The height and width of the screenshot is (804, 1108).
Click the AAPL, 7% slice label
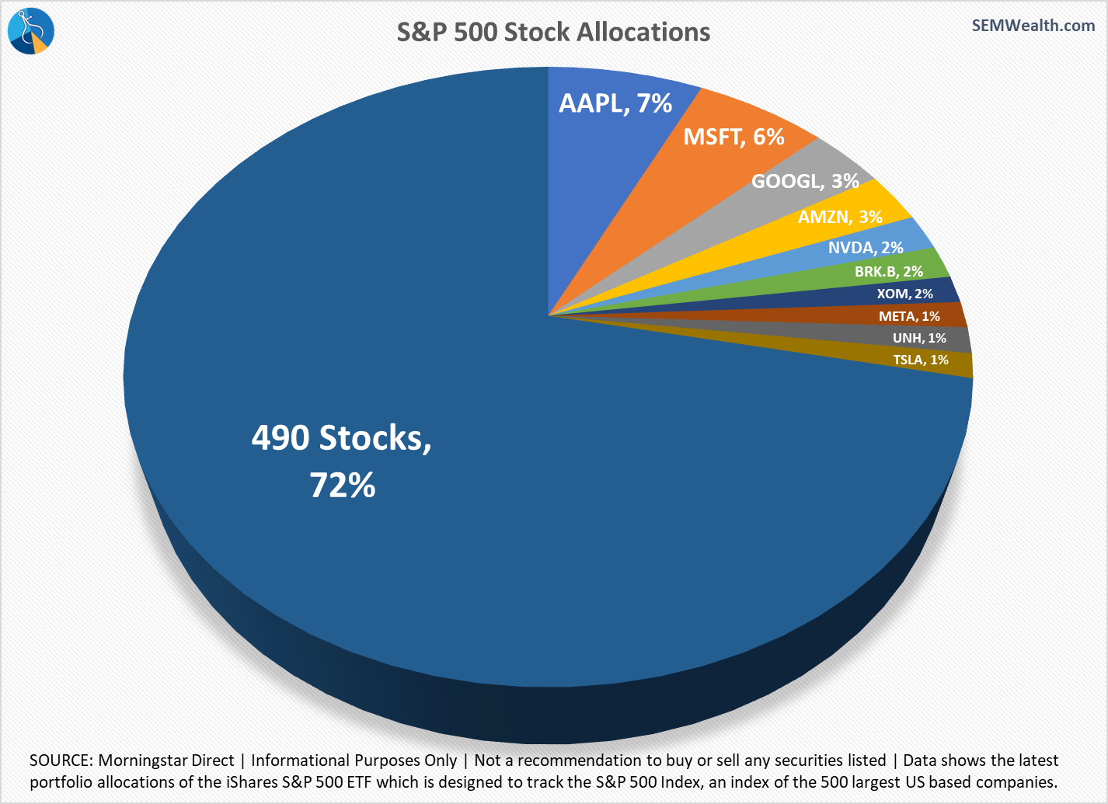[x=615, y=103]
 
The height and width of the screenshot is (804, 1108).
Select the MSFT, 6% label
[x=733, y=137]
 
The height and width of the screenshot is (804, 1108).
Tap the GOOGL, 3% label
[x=805, y=181]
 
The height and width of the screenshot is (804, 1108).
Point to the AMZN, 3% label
[x=840, y=217]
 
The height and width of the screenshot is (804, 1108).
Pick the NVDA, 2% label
[x=866, y=247]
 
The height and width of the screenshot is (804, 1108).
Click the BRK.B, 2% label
[x=888, y=271]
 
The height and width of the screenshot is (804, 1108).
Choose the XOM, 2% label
[x=904, y=294]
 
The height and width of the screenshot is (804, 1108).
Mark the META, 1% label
[x=909, y=316]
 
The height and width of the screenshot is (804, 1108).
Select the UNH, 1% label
[x=919, y=338]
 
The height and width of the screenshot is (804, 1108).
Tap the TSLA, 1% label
[x=921, y=360]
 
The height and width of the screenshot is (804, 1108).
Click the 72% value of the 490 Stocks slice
[x=343, y=485]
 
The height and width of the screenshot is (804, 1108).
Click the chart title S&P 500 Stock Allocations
[x=553, y=32]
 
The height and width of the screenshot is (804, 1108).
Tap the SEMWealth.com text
[x=1033, y=25]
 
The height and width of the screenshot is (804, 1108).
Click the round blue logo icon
[x=30, y=30]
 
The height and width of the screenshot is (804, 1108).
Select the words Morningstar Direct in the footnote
[x=166, y=760]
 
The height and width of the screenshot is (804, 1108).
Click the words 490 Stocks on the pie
[x=341, y=438]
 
